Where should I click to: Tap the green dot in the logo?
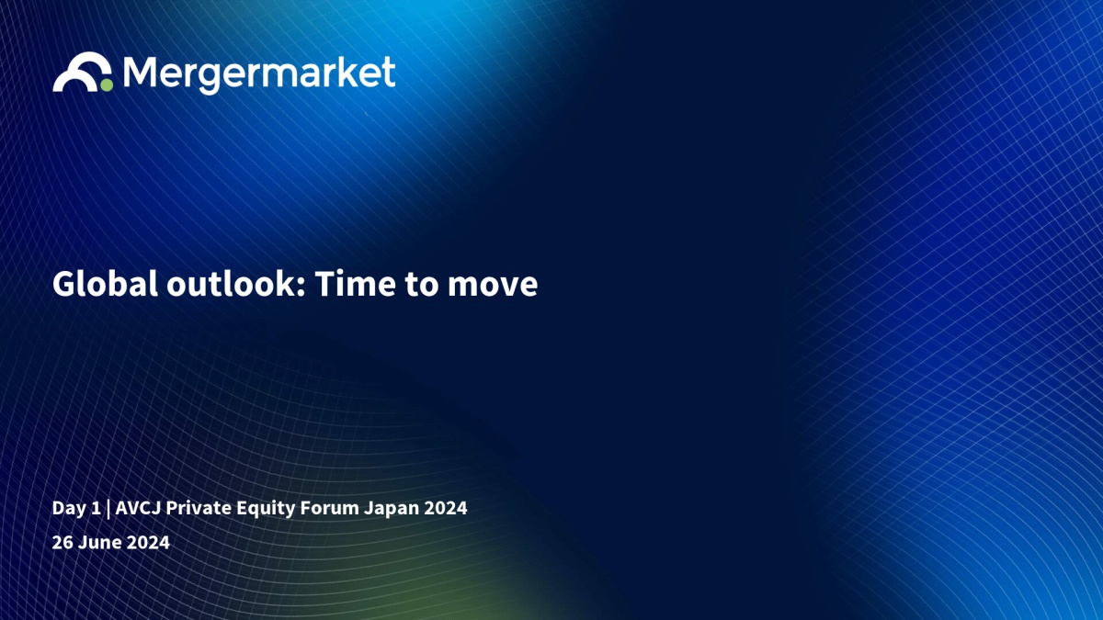107,85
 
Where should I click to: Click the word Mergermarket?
259,74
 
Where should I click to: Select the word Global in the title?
105,284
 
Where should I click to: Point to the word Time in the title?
356,284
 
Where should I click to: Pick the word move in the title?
493,287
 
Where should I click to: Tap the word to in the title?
422,286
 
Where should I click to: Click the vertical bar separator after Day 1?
108,509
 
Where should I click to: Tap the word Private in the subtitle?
199,508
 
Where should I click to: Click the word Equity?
266,509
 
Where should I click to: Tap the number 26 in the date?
63,542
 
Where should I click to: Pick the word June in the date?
100,542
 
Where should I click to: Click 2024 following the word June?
148,542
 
